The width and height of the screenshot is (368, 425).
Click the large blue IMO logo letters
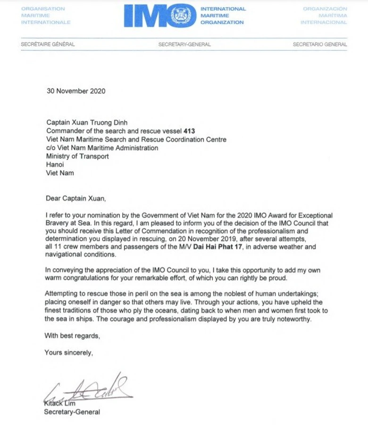coord(149,16)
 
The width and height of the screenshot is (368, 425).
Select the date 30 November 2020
coord(75,91)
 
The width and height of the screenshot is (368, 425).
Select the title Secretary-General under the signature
coord(72,412)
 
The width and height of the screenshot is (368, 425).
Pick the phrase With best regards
coord(72,336)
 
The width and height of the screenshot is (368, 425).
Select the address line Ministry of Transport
coord(77,156)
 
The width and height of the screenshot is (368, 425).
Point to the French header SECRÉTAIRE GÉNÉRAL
coord(48,44)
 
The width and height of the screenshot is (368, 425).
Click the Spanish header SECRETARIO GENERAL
coord(319,44)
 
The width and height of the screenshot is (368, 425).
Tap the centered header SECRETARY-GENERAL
coord(184,44)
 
